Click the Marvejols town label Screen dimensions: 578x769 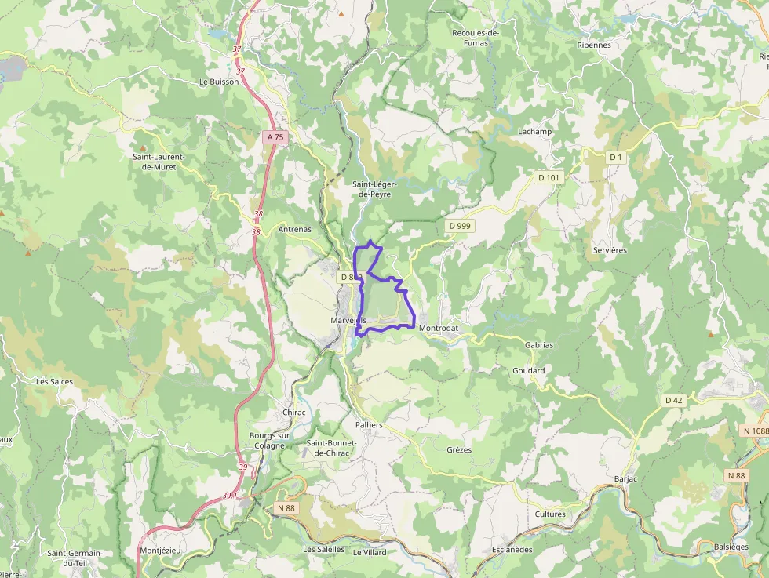(348, 320)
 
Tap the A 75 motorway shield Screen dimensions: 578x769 (275, 137)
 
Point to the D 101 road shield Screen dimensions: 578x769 (549, 178)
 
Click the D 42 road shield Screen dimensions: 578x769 (673, 401)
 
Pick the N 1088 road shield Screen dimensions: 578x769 (756, 431)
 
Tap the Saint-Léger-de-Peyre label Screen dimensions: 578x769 (374, 189)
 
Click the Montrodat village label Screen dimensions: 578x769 (438, 328)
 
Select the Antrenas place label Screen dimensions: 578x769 (295, 230)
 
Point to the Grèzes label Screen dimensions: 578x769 (459, 450)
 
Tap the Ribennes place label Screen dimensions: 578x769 (594, 45)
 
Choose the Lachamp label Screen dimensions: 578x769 (534, 132)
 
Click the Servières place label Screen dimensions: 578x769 (610, 250)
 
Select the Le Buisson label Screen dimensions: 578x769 (219, 82)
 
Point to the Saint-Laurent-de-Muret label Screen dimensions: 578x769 (158, 162)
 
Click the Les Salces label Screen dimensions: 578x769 (55, 382)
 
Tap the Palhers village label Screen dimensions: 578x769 (369, 425)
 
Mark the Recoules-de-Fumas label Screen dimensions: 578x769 (476, 38)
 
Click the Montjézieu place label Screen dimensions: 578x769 (160, 551)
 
